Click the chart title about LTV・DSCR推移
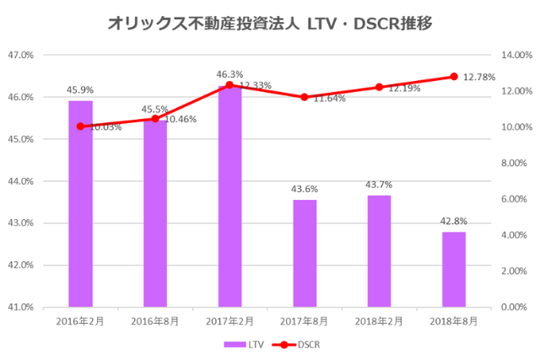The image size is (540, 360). coord(270,23)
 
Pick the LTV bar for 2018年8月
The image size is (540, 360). coord(453,269)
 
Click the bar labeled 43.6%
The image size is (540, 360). coord(305,253)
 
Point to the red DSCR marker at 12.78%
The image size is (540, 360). coord(453,77)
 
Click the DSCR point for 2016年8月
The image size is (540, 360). coord(154,119)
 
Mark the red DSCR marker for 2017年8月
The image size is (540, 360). coord(305,97)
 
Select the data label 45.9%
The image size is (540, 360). coord(80,89)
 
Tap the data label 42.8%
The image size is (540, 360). coord(453,221)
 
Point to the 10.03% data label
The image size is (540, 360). coord(105,127)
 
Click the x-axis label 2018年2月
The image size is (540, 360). coord(379,322)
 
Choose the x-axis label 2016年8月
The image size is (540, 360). coord(154,322)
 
